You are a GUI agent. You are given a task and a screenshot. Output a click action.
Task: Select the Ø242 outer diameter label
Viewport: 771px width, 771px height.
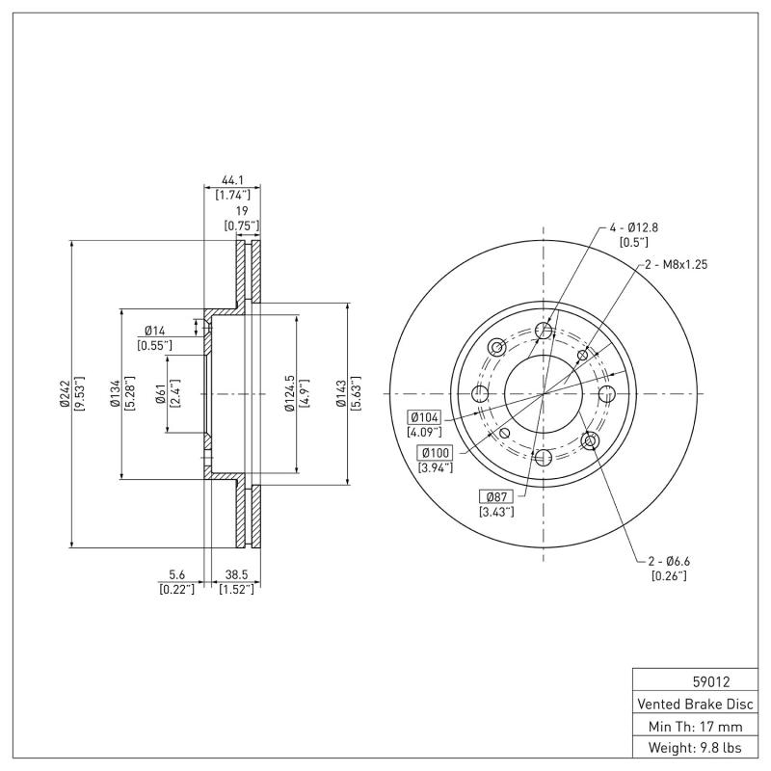[65, 394]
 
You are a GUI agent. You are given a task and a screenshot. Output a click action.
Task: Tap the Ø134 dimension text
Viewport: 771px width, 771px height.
[114, 394]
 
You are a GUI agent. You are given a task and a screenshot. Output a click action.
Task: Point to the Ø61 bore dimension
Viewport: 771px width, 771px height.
[160, 394]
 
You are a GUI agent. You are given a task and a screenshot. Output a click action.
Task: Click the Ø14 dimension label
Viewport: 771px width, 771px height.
[155, 331]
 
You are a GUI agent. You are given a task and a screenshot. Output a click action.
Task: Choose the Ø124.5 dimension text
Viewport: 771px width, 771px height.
[288, 394]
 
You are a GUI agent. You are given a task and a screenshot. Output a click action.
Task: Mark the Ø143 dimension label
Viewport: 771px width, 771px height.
[340, 394]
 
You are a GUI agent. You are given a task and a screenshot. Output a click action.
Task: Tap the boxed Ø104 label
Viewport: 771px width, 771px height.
[425, 417]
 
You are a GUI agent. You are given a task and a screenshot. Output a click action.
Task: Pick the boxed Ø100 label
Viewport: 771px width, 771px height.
[435, 453]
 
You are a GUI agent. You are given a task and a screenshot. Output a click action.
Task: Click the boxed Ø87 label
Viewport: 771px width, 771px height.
[495, 495]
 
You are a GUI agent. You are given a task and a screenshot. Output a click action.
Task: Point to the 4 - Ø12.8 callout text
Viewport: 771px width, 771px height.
[632, 227]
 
